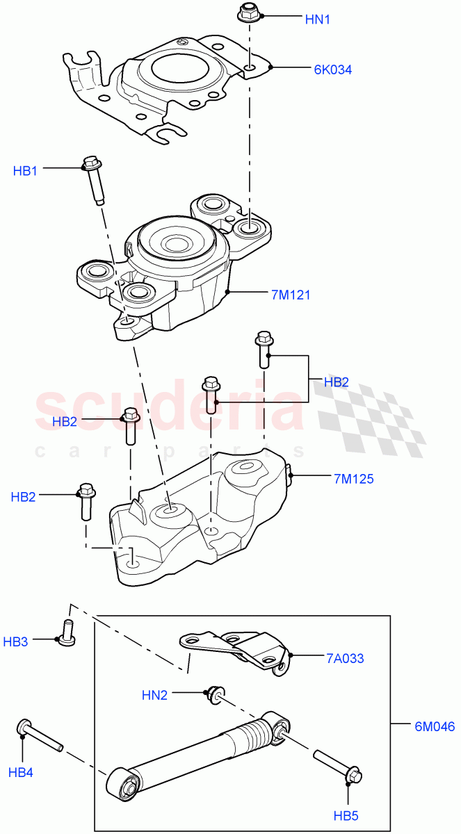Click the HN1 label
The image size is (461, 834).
[x=317, y=19]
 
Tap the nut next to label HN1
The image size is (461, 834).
[x=248, y=13]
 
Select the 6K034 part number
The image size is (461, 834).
[x=332, y=69]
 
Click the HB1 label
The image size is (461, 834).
[x=26, y=170]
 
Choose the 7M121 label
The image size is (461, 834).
[x=291, y=295]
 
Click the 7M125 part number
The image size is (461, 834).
[x=354, y=478]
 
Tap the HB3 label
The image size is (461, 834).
[x=16, y=641]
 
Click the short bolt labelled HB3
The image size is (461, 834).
[x=68, y=633]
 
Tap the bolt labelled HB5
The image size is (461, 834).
[x=336, y=764]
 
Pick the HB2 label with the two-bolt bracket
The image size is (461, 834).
[x=337, y=382]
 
